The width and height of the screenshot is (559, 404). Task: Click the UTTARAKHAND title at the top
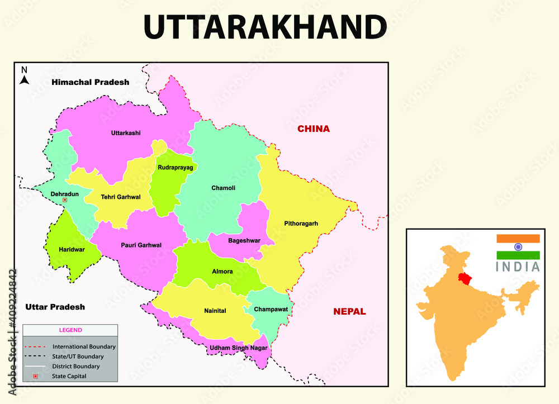click(x=265, y=27)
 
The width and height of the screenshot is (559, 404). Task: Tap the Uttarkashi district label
click(x=126, y=133)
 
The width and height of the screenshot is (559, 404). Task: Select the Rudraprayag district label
click(x=175, y=167)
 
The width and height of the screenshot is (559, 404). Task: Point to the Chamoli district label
click(x=223, y=188)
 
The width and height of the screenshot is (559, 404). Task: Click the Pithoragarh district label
click(x=300, y=224)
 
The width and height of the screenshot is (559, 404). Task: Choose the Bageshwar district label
click(x=244, y=241)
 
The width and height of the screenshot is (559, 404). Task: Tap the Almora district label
click(x=222, y=272)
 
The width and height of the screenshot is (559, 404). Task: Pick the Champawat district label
click(x=271, y=309)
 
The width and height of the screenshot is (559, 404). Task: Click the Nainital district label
click(x=215, y=311)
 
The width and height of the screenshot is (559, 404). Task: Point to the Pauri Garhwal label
click(x=141, y=245)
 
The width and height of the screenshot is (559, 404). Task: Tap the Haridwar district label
click(x=72, y=249)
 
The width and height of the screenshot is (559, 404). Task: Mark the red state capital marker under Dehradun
click(x=65, y=199)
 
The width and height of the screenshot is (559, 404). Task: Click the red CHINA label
click(x=313, y=129)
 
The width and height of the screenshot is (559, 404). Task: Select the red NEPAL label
click(x=349, y=312)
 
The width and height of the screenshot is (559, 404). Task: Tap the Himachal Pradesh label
click(x=90, y=82)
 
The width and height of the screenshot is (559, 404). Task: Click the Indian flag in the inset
click(x=518, y=246)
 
